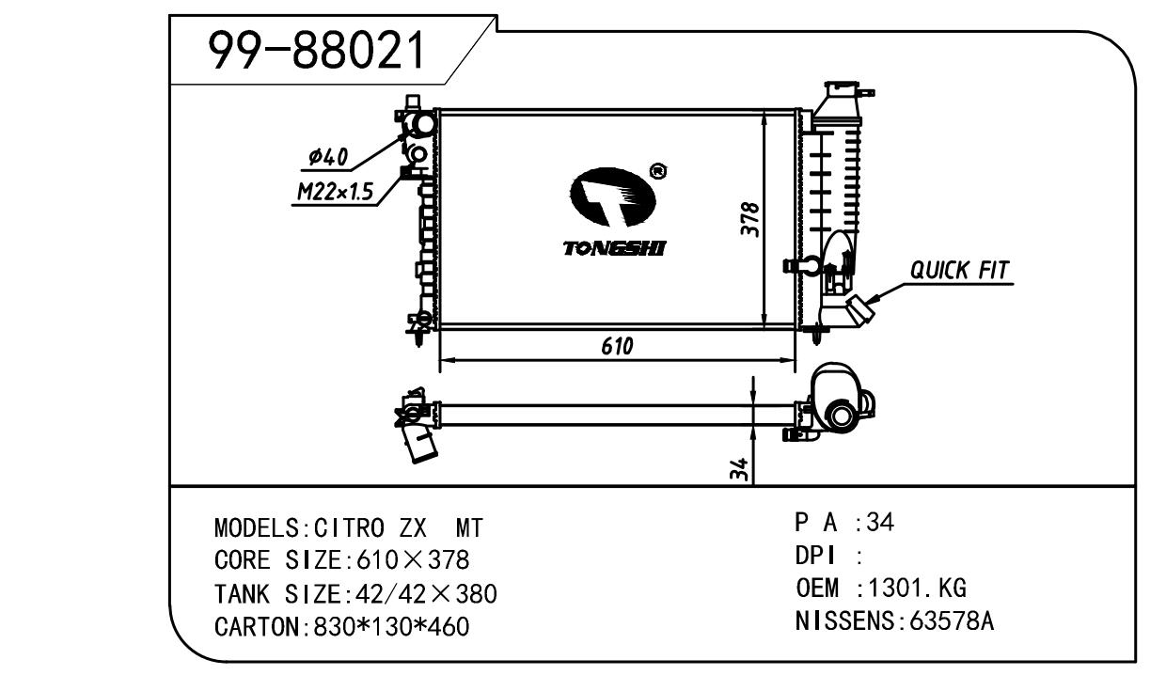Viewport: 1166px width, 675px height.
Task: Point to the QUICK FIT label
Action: tap(958, 271)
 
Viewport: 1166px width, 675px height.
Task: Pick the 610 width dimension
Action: tap(617, 347)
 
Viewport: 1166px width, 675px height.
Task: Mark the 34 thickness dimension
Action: tap(741, 470)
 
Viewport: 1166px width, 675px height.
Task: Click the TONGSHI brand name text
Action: tap(615, 248)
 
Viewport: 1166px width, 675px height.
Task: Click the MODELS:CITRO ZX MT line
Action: tap(348, 527)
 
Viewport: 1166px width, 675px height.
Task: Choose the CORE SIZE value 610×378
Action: tap(413, 560)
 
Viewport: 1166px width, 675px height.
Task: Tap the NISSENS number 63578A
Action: tap(949, 621)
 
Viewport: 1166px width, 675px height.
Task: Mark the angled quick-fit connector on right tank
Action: tap(860, 307)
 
